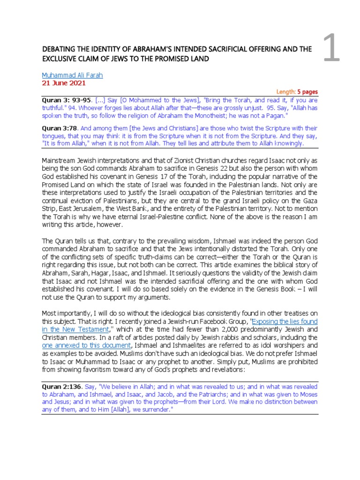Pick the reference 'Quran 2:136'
pyautogui.click(x=62, y=387)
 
